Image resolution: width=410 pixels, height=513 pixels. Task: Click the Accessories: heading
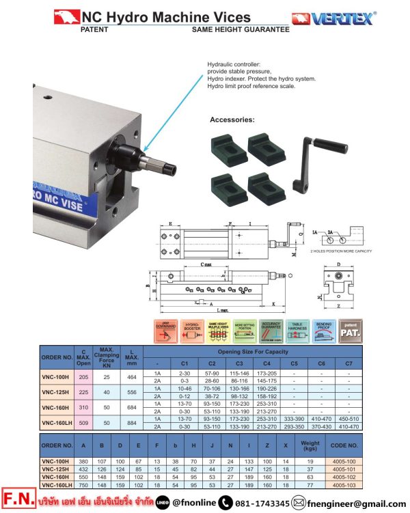pos(232,120)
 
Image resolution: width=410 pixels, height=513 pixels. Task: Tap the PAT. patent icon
pos(351,331)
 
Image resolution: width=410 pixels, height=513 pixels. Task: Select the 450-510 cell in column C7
pos(348,418)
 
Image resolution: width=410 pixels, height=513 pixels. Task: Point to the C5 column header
pos(294,363)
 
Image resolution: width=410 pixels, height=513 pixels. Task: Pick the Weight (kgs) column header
pos(310,445)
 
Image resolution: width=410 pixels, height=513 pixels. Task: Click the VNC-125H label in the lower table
pos(57,468)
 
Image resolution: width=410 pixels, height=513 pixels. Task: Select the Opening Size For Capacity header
pos(254,351)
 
